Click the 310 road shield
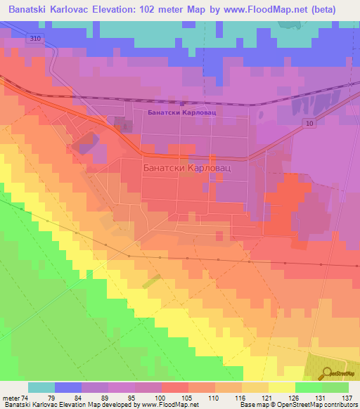[x=36, y=39]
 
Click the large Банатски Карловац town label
[x=187, y=169]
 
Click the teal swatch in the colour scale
[x=41, y=387]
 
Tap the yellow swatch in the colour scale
[x=282, y=387]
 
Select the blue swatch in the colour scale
[x=68, y=387]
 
